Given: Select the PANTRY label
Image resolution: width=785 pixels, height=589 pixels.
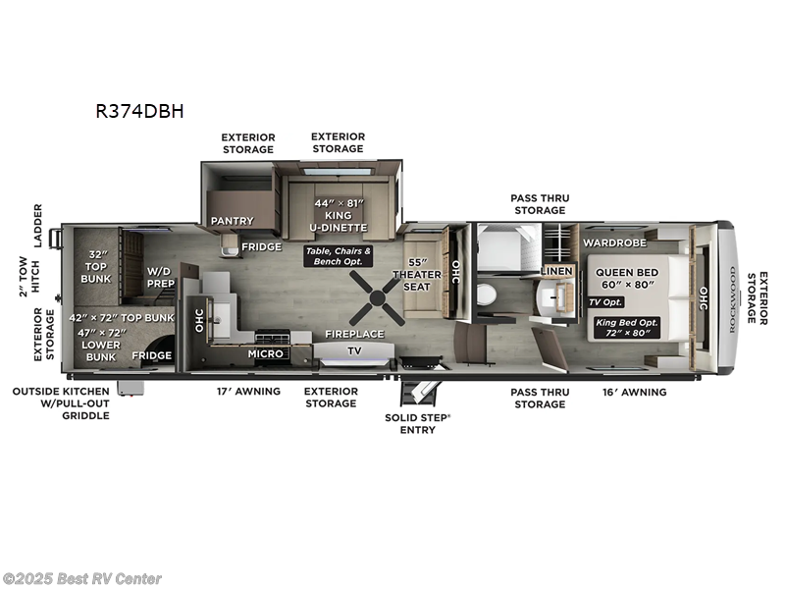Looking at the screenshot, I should point(232,221).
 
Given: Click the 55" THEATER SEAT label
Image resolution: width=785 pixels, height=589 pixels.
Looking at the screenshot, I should point(424,274).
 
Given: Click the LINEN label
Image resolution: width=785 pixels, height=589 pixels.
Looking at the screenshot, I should point(556,270).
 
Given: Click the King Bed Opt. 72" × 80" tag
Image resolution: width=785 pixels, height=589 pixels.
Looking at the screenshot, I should point(628,326).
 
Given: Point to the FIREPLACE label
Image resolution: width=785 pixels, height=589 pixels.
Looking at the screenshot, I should point(354,334).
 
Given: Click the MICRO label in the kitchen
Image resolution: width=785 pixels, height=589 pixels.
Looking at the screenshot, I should point(265,353).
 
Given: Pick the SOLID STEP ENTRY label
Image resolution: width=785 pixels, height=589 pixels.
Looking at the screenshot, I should point(417,422).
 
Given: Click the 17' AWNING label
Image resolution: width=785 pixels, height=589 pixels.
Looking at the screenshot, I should point(248,392).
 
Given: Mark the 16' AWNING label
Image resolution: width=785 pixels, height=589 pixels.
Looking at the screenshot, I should point(634,392).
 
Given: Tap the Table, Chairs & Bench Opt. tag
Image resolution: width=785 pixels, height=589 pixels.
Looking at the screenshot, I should point(339,257).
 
